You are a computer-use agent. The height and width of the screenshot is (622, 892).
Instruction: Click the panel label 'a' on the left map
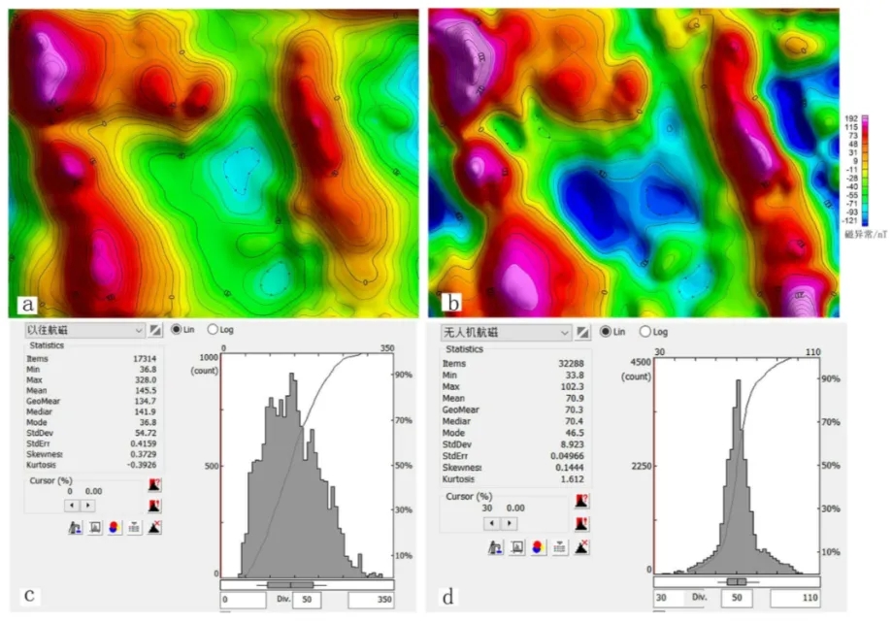click(28, 305)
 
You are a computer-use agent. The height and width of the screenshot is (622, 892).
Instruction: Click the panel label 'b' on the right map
click(448, 303)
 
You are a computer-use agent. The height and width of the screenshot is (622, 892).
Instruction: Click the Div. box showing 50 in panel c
click(308, 600)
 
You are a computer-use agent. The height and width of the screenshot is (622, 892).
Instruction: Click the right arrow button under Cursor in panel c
click(88, 505)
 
